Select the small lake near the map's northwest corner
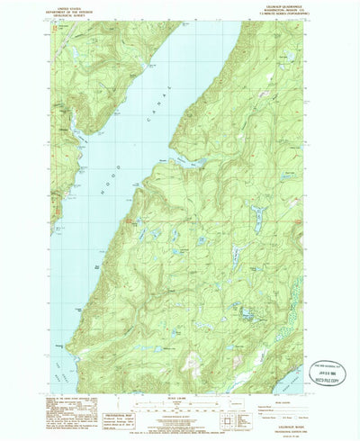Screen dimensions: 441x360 coord(65,34)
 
